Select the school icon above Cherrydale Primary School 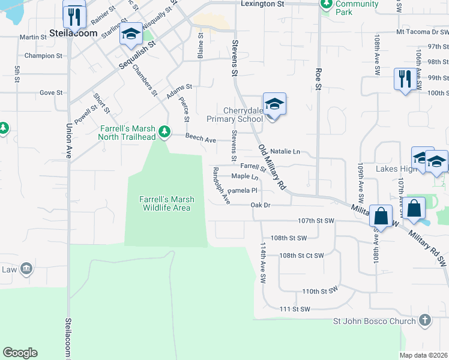[x=274, y=104]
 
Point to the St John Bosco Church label [x=375, y=321]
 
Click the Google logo [x=20, y=353]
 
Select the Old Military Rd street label [x=271, y=167]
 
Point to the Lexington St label [x=262, y=4]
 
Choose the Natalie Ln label [x=285, y=152]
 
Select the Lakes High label [x=396, y=169]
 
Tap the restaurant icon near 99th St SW [x=403, y=79]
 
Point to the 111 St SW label [x=295, y=309]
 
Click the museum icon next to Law [x=26, y=268]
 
